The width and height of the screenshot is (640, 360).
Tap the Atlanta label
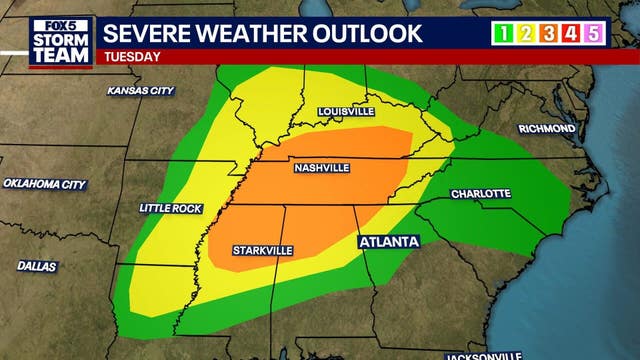(x=388, y=242)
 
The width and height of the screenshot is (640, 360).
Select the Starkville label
(x=263, y=250)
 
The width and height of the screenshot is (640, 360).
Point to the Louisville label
(x=346, y=111)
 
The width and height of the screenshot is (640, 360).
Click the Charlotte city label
(x=481, y=193)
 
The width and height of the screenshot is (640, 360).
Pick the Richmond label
(x=546, y=129)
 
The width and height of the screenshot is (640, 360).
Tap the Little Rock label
(x=171, y=208)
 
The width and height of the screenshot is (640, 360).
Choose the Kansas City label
(x=141, y=91)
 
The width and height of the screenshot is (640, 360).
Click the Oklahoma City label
(x=44, y=184)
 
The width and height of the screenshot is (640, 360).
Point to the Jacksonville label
(x=484, y=355)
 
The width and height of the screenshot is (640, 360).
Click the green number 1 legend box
(x=503, y=34)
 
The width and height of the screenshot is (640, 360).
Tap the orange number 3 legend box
(x=548, y=34)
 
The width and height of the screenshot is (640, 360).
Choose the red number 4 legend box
(x=571, y=34)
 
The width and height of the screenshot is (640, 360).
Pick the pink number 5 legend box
(x=594, y=34)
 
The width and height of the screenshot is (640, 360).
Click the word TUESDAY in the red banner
(x=132, y=57)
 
